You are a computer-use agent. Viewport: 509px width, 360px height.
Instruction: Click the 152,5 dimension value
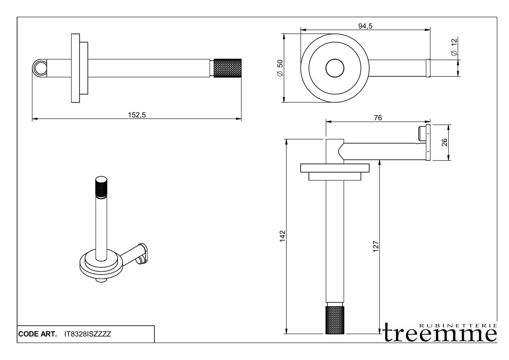(137, 115)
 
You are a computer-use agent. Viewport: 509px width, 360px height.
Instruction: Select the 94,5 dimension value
(365, 26)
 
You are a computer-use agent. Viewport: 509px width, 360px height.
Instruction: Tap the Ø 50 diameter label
(280, 68)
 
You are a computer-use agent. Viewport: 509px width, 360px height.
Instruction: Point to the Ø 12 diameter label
(454, 47)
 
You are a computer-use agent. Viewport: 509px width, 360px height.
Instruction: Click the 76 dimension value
(378, 118)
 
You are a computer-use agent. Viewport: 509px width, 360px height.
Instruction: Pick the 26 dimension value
(445, 142)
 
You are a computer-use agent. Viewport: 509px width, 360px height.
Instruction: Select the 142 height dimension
(282, 236)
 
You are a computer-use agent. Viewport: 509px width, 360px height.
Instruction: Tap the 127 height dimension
(375, 246)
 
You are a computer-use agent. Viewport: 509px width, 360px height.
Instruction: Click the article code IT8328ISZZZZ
(88, 334)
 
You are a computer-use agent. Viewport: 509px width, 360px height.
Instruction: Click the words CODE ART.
(37, 334)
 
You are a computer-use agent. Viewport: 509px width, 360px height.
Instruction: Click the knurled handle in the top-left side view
(227, 68)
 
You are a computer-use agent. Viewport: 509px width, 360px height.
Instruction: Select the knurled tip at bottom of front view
(335, 320)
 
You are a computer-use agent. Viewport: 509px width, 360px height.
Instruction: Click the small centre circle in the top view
(335, 68)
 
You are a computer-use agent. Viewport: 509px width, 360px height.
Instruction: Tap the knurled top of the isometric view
(101, 187)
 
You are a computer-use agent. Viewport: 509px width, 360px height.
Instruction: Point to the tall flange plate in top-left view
(75, 68)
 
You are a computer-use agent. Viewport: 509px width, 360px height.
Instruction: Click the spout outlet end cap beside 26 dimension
(428, 142)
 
